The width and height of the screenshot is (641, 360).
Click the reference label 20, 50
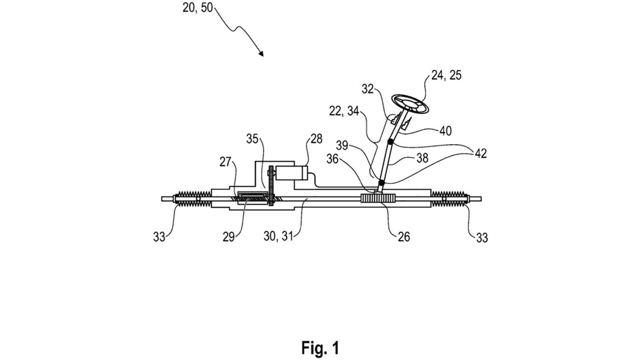tap(197, 7)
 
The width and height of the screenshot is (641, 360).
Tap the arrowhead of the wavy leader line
tap(261, 54)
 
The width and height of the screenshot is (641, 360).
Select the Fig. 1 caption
tap(320, 348)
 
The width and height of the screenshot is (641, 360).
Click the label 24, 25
tap(446, 75)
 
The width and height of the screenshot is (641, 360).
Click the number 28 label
tap(316, 140)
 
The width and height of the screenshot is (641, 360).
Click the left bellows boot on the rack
tap(192, 199)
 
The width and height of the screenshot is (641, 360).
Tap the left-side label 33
tap(159, 237)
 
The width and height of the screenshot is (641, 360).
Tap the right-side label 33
tap(482, 237)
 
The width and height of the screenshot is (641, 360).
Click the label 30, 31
tap(278, 236)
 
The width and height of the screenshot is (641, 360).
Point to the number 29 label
tap(229, 237)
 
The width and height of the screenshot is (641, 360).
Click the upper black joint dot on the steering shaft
tap(390, 141)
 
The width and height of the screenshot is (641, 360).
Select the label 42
tap(480, 154)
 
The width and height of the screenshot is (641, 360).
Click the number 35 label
tap(252, 139)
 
